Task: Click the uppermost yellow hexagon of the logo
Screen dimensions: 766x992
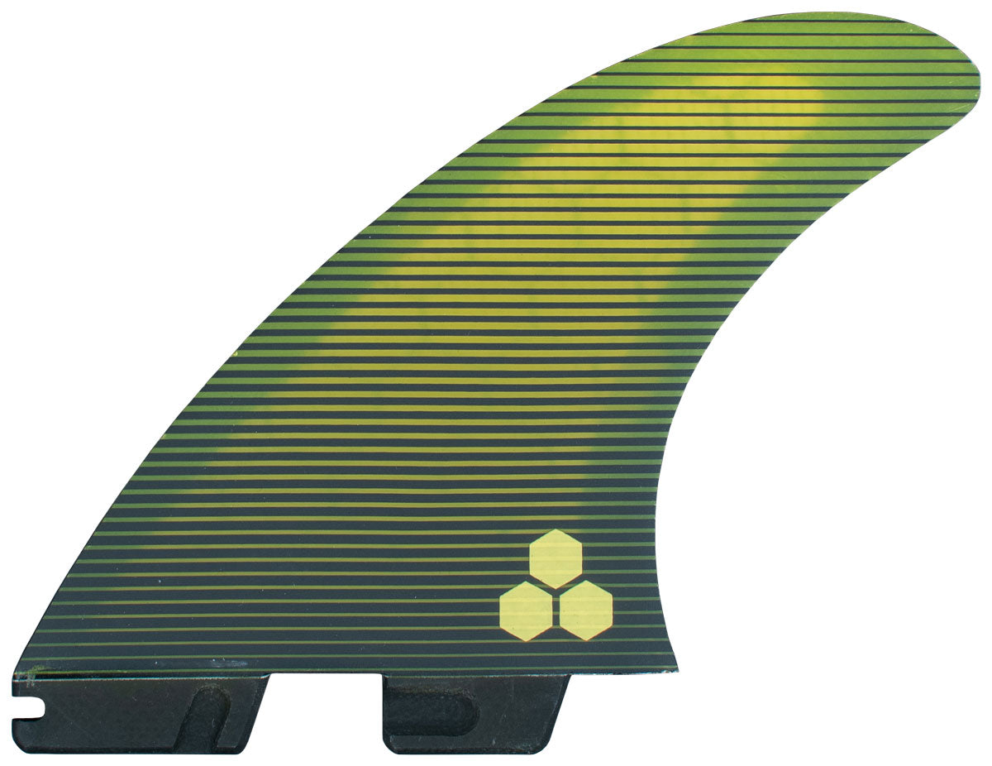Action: coord(556,558)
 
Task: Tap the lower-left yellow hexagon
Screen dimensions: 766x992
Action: coord(526,610)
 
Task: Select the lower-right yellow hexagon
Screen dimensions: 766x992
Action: coord(586,610)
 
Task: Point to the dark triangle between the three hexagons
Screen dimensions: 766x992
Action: coord(556,590)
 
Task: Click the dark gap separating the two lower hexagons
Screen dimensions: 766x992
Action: coord(556,612)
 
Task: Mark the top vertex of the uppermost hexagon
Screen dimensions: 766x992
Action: coord(556,529)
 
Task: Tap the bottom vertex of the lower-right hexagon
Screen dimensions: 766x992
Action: coord(586,640)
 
